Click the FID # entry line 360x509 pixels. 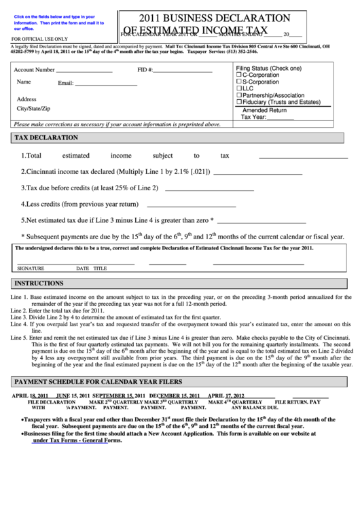pos(183,71)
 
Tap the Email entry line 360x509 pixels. pos(106,84)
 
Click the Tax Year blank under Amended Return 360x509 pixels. pos(281,118)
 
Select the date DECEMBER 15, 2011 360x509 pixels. pos(175,396)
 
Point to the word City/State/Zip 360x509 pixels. pos(33,109)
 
